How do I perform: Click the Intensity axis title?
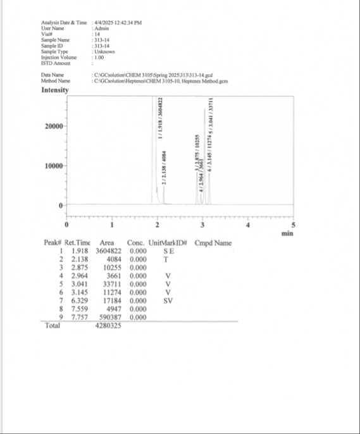point(55,90)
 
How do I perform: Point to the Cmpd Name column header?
point(213,243)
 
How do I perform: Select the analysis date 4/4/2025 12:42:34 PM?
point(118,23)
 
